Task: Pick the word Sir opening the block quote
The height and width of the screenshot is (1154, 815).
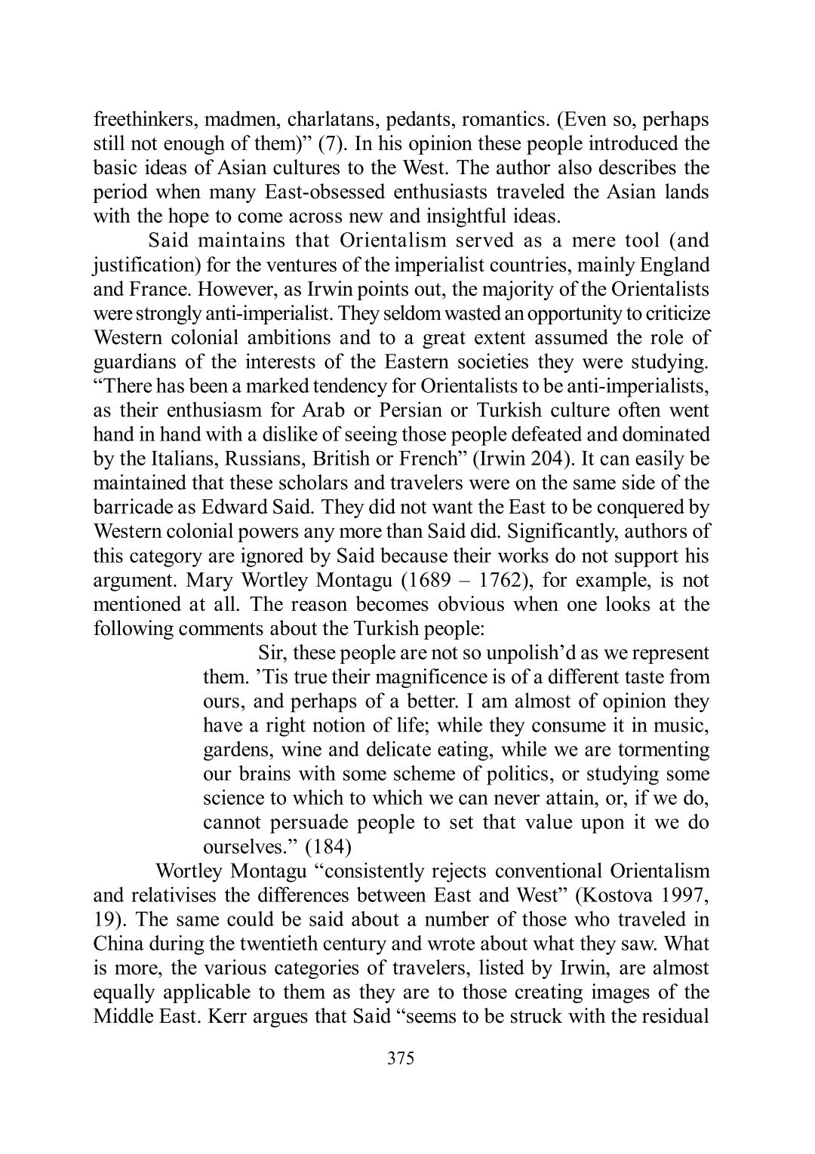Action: (269, 653)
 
